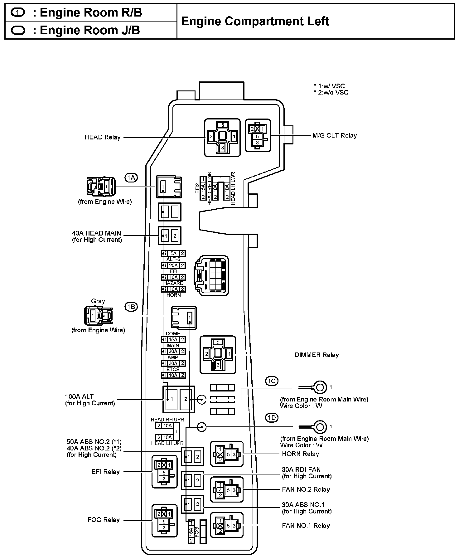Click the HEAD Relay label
pyautogui.click(x=102, y=137)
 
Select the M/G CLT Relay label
pyautogui.click(x=335, y=135)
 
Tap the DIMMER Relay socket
pyautogui.click(x=218, y=355)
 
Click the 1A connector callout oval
pyautogui.click(x=131, y=178)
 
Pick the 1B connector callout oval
pyautogui.click(x=131, y=307)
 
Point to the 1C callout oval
pyautogui.click(x=272, y=381)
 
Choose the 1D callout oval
pyautogui.click(x=272, y=417)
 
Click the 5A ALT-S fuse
pyautogui.click(x=173, y=253)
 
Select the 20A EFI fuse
pyautogui.click(x=173, y=265)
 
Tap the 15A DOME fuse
pyautogui.click(x=173, y=339)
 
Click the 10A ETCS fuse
pyautogui.click(x=173, y=375)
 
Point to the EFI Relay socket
pyautogui.click(x=164, y=472)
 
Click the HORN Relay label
pyautogui.click(x=300, y=454)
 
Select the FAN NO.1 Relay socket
pyautogui.click(x=227, y=525)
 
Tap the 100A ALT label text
pyautogui.click(x=79, y=397)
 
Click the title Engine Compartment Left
pyautogui.click(x=255, y=21)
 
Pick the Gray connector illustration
pyautogui.click(x=98, y=316)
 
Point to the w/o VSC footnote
pyautogui.click(x=331, y=92)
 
